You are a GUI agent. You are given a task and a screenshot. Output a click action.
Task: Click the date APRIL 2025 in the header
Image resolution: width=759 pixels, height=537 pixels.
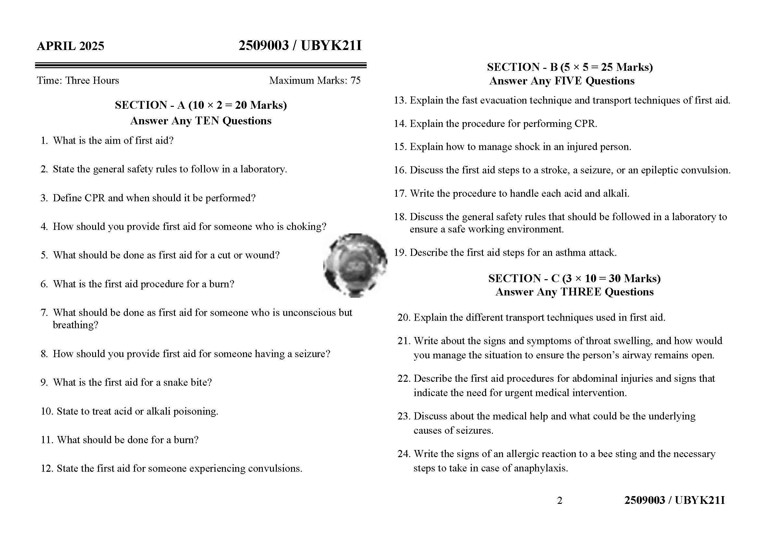click(x=70, y=46)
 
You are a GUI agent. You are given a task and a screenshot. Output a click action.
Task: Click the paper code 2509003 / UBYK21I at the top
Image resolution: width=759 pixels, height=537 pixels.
click(x=300, y=45)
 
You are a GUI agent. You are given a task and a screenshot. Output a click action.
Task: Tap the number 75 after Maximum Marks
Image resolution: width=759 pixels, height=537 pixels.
click(x=355, y=80)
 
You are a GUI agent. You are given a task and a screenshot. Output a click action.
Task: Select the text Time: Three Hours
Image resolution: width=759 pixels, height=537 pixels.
click(x=78, y=80)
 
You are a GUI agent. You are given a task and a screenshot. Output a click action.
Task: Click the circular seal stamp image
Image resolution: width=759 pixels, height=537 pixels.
click(x=355, y=265)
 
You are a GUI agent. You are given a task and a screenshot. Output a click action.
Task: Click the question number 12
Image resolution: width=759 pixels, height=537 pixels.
click(x=47, y=468)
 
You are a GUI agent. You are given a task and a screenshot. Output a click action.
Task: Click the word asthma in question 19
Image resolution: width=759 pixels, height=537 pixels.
click(x=570, y=253)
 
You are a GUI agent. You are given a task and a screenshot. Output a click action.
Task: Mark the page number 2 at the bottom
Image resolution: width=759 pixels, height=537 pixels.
click(x=559, y=501)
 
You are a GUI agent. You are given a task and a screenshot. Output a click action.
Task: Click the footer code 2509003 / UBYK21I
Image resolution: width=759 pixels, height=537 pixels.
click(x=674, y=500)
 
